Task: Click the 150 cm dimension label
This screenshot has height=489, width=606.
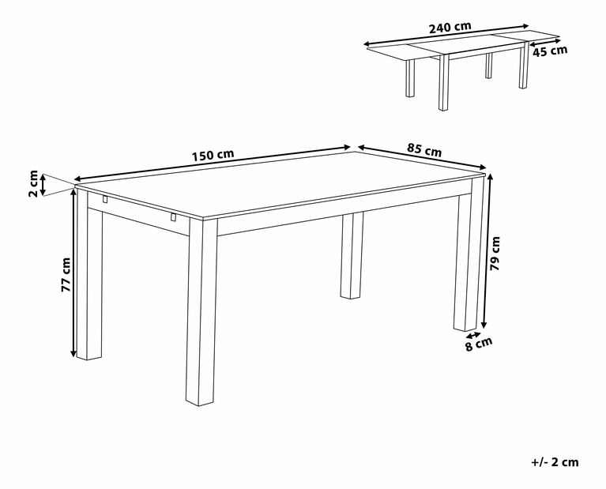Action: tap(213, 155)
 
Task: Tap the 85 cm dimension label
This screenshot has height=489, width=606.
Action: tap(424, 149)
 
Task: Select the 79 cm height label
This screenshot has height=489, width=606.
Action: tap(495, 254)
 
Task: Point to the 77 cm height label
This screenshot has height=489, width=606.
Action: tap(66, 274)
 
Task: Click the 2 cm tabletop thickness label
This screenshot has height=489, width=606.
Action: tap(33, 183)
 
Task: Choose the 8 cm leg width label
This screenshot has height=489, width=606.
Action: tap(479, 344)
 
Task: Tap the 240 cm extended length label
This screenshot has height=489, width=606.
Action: tap(450, 27)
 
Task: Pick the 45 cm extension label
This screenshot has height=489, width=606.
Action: tap(550, 51)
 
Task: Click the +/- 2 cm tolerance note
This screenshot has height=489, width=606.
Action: tap(555, 462)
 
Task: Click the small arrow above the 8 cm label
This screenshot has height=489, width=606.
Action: tap(473, 335)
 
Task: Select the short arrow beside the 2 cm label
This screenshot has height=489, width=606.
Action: tap(43, 185)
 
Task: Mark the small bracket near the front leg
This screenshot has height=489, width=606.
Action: tap(174, 217)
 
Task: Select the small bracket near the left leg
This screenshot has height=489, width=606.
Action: tap(105, 199)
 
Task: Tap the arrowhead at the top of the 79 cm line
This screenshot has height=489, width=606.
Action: tap(491, 177)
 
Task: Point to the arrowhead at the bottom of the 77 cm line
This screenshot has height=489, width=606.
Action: tap(73, 353)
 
